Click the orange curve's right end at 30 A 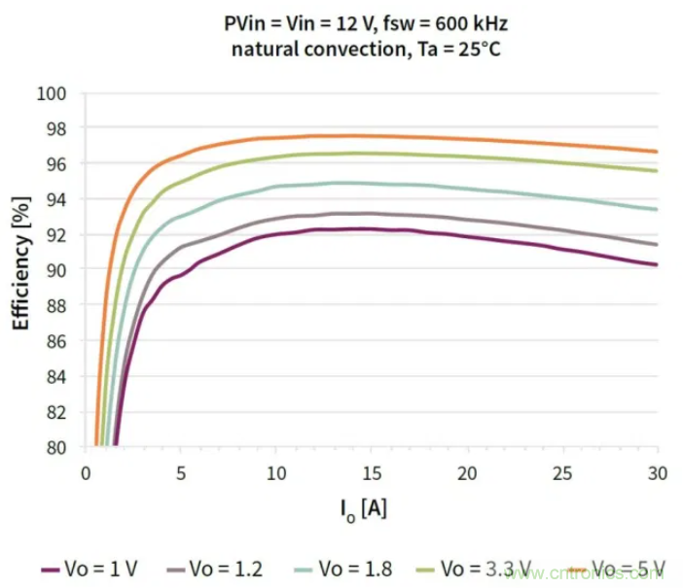(658, 152)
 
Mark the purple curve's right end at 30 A (658, 264)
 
